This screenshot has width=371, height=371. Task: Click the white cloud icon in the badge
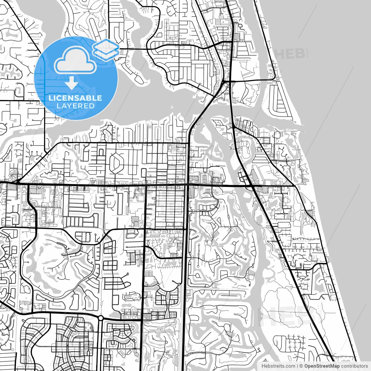point(75,60)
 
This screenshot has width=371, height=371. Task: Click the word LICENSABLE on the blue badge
point(75,98)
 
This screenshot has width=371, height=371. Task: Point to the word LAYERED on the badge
point(75,106)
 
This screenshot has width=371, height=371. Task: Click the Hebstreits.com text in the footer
point(278,366)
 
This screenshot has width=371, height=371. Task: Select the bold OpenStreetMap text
point(322,366)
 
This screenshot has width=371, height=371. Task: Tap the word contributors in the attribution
point(354,366)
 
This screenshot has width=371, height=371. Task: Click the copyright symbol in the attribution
point(301,366)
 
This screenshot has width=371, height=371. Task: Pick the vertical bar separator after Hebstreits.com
point(297,366)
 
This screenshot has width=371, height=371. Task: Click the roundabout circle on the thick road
point(101,318)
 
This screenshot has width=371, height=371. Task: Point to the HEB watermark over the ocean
point(290,54)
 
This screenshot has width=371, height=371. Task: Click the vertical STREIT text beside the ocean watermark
point(308,54)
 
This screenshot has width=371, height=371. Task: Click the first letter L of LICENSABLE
point(50,98)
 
